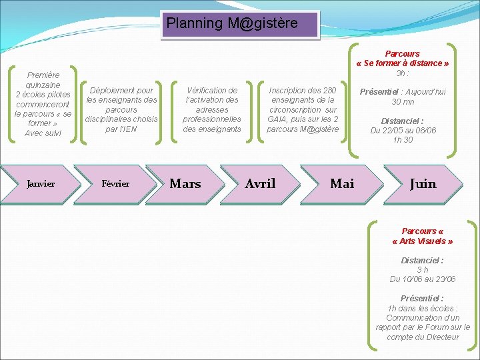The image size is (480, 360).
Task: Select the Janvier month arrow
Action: click(41, 183)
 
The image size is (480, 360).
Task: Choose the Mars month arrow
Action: click(185, 183)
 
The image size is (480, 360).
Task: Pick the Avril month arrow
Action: click(260, 183)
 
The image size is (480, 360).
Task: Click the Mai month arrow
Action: click(342, 183)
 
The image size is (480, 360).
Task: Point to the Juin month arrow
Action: click(423, 183)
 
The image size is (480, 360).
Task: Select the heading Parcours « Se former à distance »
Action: click(403, 59)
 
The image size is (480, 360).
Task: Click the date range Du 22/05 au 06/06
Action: click(403, 131)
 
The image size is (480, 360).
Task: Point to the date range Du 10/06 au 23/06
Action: click(423, 279)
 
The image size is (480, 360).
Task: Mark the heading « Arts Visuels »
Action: click(423, 241)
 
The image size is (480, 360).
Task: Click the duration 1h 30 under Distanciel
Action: click(403, 140)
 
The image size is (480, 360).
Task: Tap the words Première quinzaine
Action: click(43, 80)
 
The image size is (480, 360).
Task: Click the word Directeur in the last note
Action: click(442, 337)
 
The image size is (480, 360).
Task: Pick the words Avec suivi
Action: click(43, 133)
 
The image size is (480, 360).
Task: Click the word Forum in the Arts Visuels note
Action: click(435, 327)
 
